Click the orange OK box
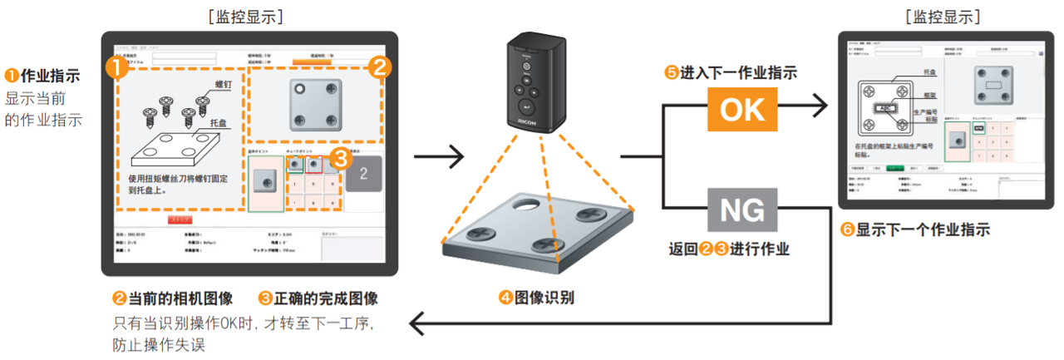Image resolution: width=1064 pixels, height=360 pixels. point(741,109)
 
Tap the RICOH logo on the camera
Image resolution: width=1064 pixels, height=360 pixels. point(529,119)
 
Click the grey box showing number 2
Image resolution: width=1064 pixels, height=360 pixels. point(363,174)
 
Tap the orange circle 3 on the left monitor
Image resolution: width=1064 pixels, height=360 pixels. point(338,156)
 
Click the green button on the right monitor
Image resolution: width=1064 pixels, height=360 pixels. point(895,167)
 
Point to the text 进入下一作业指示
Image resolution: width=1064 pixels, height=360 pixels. point(737,73)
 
